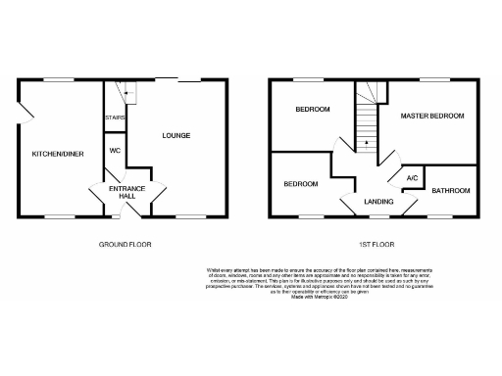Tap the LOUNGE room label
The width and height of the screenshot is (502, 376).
176,135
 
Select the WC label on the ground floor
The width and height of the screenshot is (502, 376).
115,151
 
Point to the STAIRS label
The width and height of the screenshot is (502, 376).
115,118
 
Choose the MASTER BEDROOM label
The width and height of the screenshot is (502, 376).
432,116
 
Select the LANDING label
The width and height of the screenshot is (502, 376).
378,201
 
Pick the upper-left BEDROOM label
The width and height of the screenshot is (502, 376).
313,110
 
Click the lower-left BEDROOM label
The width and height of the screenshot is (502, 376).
301,183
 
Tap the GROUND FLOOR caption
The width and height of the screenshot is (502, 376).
126,243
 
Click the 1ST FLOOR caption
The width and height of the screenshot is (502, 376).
376,243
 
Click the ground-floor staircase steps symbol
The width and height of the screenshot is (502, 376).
125,92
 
